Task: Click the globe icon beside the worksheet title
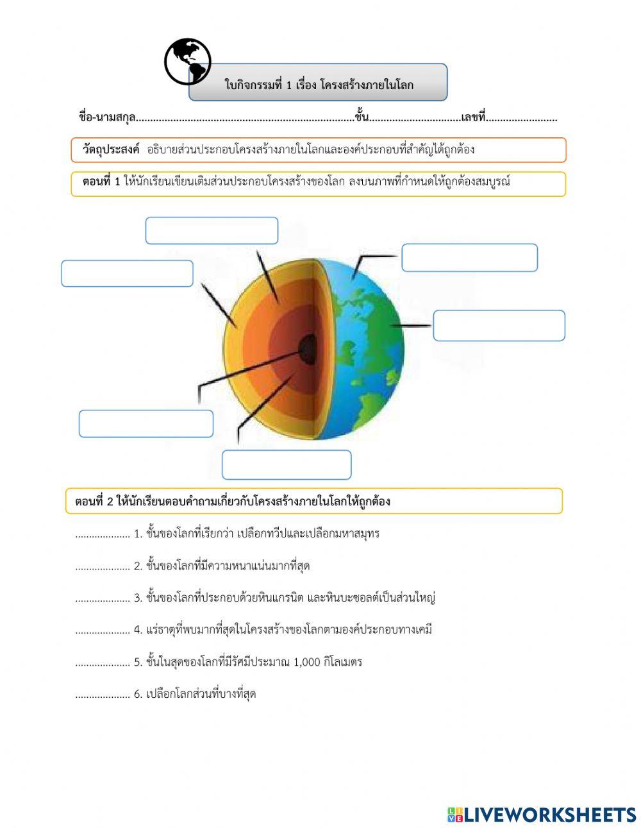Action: coord(187,62)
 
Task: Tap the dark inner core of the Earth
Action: coord(308,348)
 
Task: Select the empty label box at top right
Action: coord(469,258)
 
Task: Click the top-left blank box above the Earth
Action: coord(212,231)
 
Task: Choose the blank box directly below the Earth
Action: coord(287,465)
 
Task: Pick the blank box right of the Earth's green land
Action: coord(499,326)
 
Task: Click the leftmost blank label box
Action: coord(127,274)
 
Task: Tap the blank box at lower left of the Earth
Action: coord(146,424)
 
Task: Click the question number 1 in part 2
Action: coord(137,534)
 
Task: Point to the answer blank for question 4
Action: coord(103,631)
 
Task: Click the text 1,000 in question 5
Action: coord(306,662)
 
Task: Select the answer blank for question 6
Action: coord(103,695)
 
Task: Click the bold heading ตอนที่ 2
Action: coord(94,502)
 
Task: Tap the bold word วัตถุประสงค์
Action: coord(110,150)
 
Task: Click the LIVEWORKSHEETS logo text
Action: coord(550,815)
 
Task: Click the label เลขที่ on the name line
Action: coord(473,117)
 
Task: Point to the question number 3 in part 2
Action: coord(137,598)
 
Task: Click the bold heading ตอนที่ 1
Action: coord(101,182)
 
